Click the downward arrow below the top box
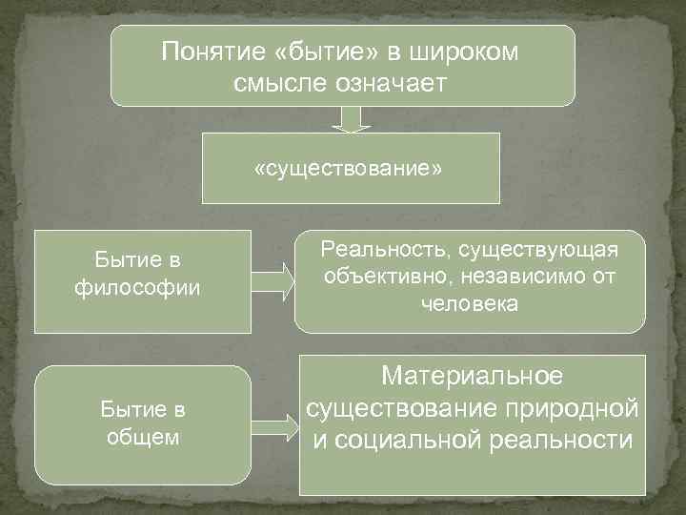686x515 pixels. [350, 119]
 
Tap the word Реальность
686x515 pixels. [386, 250]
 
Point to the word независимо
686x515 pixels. [510, 278]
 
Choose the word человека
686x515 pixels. [469, 305]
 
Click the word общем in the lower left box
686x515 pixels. [143, 437]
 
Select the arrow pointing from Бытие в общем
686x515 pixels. [276, 424]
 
